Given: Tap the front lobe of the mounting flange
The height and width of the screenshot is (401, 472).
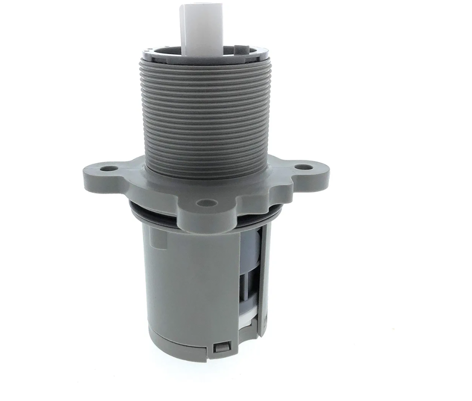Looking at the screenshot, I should pyautogui.click(x=205, y=210).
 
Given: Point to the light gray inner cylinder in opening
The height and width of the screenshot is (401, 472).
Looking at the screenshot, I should pyautogui.click(x=249, y=249).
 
